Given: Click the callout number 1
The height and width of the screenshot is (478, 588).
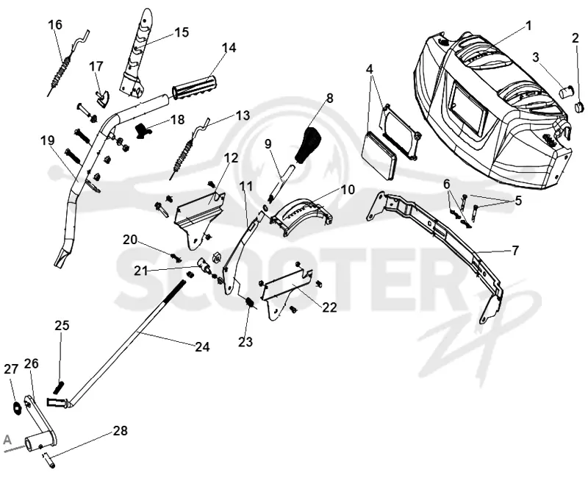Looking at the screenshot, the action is pos(528,26).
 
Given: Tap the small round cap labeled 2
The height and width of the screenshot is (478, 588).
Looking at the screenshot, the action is pos(579,107).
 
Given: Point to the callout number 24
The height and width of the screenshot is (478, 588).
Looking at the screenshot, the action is pos(202,347).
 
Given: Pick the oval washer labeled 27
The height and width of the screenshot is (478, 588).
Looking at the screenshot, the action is pos(16,408).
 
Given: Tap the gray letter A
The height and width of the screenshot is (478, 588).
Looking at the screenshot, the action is pos(7,440).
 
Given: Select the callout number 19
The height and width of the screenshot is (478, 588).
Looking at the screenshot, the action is pos(48,140).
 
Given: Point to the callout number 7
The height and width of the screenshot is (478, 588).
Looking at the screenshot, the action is pos(515,250).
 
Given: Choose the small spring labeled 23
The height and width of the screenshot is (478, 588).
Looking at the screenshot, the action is pos(249,302).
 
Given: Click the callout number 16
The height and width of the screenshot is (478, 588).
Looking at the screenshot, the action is pos(55,25).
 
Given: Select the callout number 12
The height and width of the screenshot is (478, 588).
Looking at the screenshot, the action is pos(232,157).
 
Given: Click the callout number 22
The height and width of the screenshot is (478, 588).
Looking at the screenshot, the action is pos(329,307).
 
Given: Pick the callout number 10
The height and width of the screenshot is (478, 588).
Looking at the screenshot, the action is pos(348,190).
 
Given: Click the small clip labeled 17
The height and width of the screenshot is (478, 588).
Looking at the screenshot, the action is pos(102,97).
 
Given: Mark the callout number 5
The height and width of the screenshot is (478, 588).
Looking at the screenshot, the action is pos(518,200).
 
